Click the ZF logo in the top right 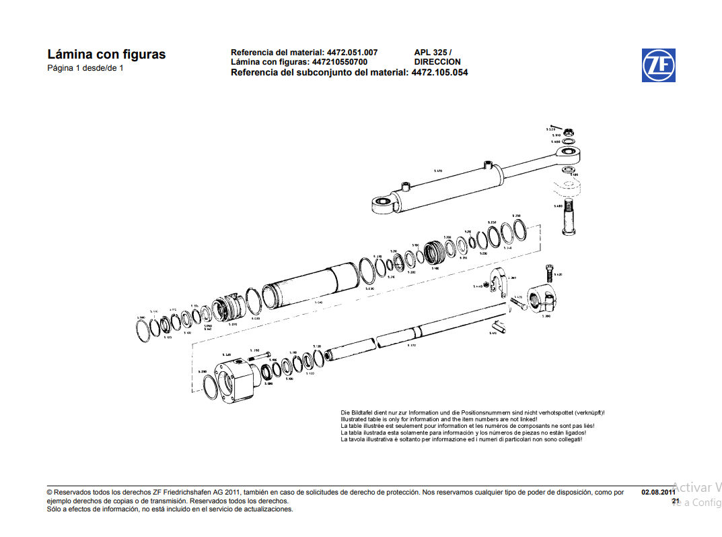click(x=658, y=65)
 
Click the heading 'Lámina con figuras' click(x=106, y=55)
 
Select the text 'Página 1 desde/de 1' click(x=85, y=69)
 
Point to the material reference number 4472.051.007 click(x=352, y=53)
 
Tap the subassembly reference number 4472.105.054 click(x=439, y=72)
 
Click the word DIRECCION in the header click(x=437, y=62)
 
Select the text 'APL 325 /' click(x=433, y=53)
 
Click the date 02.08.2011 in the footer click(x=658, y=493)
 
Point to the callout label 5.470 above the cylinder click(x=438, y=171)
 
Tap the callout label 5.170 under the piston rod click(x=411, y=346)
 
